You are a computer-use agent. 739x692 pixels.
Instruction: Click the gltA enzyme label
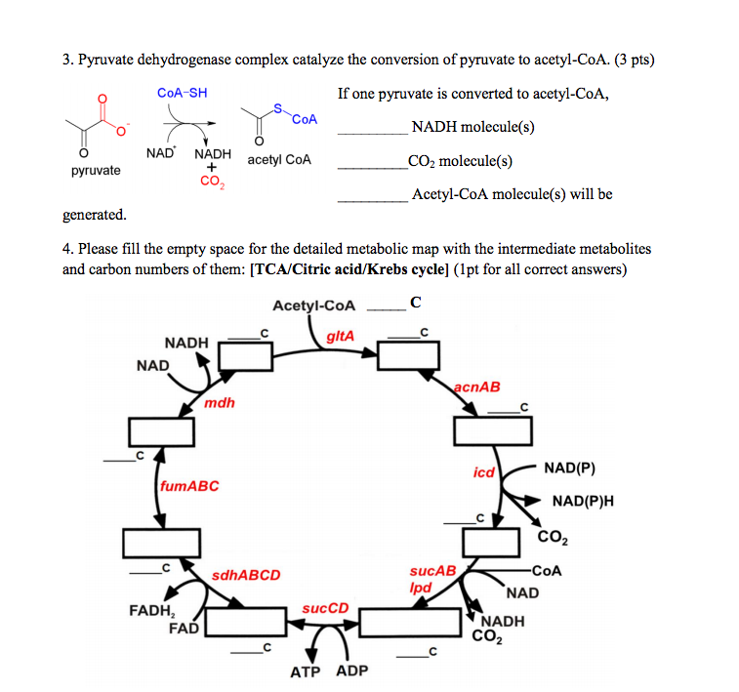(x=340, y=336)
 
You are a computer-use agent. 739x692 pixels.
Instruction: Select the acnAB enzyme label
(x=476, y=387)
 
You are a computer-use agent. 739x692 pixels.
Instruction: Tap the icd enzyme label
(x=484, y=472)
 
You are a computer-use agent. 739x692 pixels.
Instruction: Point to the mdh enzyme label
(x=220, y=402)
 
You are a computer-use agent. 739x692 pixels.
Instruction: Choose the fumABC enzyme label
(x=188, y=485)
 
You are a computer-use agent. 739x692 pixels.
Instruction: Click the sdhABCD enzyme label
(x=246, y=575)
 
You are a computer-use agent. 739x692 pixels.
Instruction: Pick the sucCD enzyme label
(x=325, y=608)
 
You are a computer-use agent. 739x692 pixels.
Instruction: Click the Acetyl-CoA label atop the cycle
(x=314, y=305)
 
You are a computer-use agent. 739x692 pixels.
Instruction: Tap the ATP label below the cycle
(x=306, y=672)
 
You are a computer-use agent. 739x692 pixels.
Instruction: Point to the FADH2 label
(x=151, y=612)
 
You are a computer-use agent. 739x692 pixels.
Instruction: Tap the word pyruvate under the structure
(x=96, y=171)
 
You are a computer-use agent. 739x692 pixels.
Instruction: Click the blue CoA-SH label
(x=182, y=93)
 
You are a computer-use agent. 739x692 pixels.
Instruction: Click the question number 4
(x=67, y=249)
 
